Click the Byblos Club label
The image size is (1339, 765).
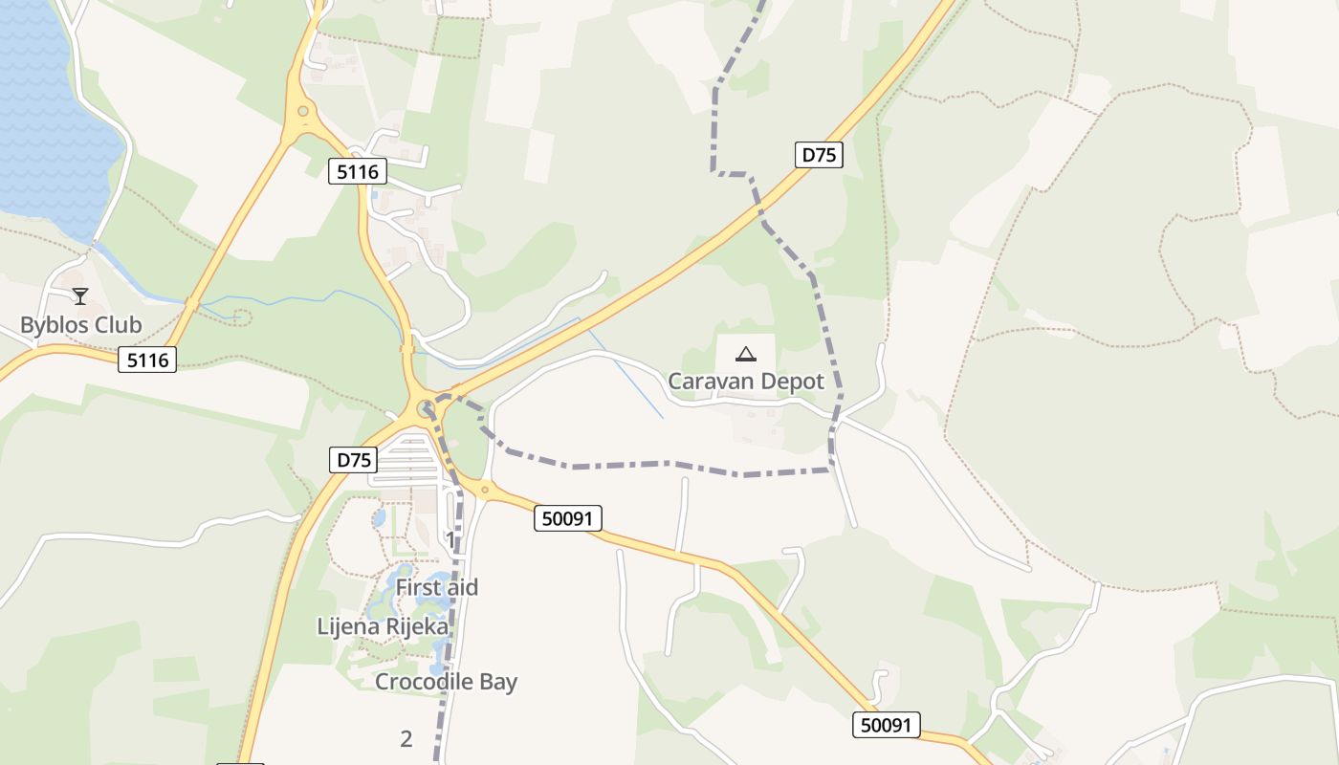(x=80, y=325)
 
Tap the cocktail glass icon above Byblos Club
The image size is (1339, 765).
(x=80, y=296)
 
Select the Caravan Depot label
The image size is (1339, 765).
(x=745, y=382)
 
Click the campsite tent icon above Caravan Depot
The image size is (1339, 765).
(x=745, y=354)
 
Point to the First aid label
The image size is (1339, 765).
(x=436, y=587)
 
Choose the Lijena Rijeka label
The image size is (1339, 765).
(x=383, y=626)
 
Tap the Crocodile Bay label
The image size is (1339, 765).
(x=446, y=682)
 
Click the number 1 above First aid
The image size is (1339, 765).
(x=450, y=540)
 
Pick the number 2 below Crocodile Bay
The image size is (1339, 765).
(x=406, y=738)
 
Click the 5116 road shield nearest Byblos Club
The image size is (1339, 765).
(x=148, y=360)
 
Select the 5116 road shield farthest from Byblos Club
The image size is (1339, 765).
(x=358, y=172)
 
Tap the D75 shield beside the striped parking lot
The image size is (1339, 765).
(x=353, y=460)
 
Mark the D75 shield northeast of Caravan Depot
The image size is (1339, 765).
(x=819, y=155)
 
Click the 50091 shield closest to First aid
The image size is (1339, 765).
(x=568, y=518)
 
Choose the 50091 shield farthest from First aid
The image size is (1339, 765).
(x=886, y=725)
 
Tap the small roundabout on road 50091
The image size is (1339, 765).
(x=485, y=491)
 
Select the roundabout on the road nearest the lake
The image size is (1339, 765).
(x=303, y=112)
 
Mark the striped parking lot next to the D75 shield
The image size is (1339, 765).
(x=406, y=459)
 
